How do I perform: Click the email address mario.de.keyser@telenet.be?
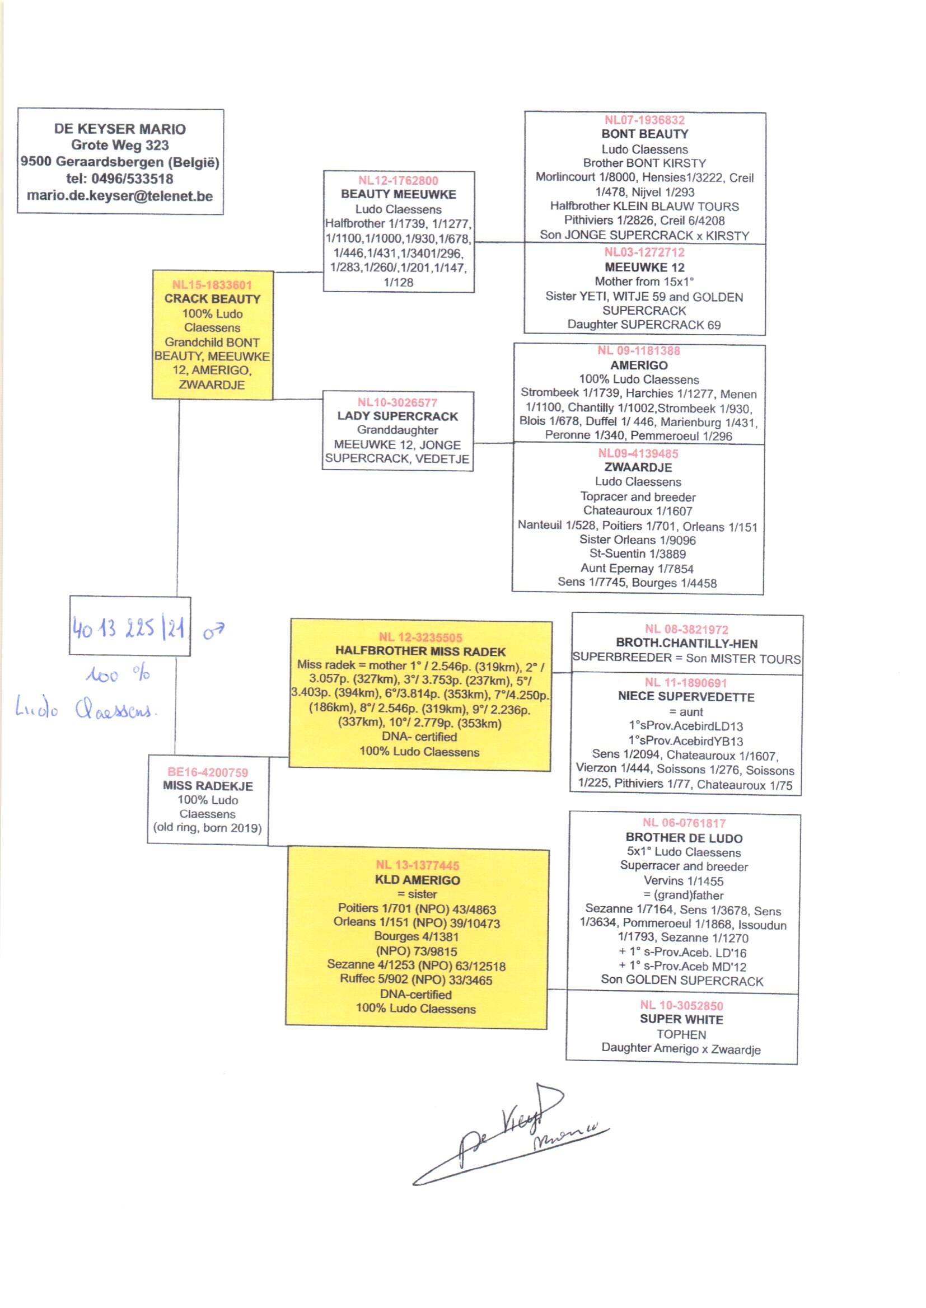click(120, 196)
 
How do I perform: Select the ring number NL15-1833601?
click(212, 285)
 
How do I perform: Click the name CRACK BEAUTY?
click(212, 299)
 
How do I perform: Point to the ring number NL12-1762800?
click(398, 181)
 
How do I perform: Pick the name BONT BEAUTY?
click(644, 134)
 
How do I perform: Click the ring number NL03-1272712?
click(644, 252)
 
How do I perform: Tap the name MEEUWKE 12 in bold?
click(644, 268)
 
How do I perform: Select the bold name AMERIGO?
click(639, 365)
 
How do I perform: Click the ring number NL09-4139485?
click(638, 454)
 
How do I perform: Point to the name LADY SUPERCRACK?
click(397, 416)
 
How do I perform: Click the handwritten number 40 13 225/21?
click(129, 628)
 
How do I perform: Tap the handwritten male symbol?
click(214, 630)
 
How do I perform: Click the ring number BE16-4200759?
click(208, 772)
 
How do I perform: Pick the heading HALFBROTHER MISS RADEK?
click(420, 651)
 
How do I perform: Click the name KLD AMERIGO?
click(418, 880)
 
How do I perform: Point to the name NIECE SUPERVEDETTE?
click(686, 696)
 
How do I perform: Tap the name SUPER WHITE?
click(681, 1019)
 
